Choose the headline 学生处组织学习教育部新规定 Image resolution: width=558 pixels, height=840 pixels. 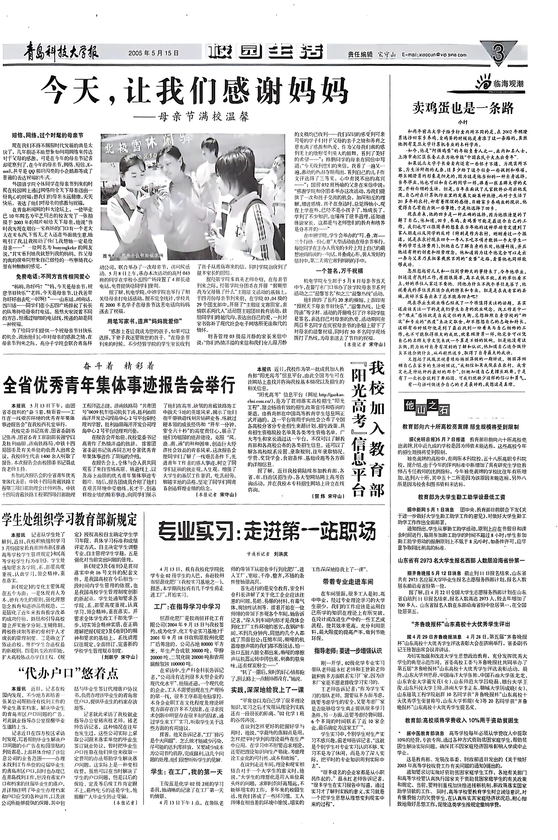coord(70,519)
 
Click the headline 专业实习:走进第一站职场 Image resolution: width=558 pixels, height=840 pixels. coord(267,531)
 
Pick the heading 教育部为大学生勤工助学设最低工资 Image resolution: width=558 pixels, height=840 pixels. coord(461,497)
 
